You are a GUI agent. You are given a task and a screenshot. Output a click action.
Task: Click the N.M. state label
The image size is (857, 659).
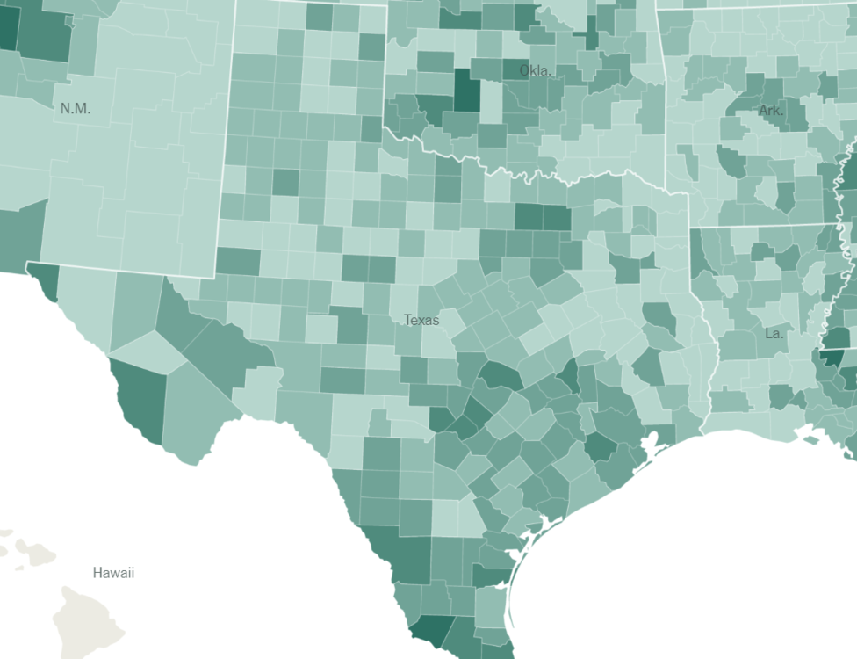tap(76, 109)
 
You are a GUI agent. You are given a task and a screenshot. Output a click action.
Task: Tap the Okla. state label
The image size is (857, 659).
tap(537, 70)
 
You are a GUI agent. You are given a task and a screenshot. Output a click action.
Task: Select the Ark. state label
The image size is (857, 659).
tap(771, 111)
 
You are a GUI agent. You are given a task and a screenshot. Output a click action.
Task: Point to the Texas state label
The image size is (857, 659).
tap(421, 320)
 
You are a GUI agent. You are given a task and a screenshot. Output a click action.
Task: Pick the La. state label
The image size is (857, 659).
tap(774, 334)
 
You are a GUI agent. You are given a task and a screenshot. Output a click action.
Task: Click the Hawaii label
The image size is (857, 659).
tap(113, 573)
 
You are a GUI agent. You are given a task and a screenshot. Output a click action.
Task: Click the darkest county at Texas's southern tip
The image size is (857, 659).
tap(432, 629)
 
